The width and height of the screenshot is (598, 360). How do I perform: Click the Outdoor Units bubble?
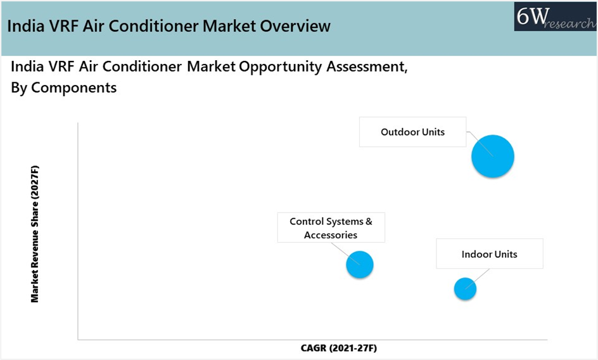pos(493,156)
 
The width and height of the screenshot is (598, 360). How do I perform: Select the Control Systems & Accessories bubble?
pos(360,265)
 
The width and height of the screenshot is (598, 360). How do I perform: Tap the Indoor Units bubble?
pos(465,289)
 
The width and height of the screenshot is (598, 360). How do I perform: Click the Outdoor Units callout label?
pos(412,132)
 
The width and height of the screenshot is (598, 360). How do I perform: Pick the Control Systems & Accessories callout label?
pos(331,228)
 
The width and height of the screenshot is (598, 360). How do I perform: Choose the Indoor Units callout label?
pos(489,254)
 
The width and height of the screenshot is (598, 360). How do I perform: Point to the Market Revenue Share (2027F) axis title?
pos(35,234)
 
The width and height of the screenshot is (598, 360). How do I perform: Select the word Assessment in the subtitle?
pos(367,67)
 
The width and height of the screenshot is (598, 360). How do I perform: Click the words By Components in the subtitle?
pos(64,87)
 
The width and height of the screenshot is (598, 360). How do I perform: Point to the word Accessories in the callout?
pos(331,235)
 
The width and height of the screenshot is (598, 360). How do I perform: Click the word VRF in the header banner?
pos(65,26)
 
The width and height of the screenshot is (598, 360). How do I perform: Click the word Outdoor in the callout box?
pos(400,132)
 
